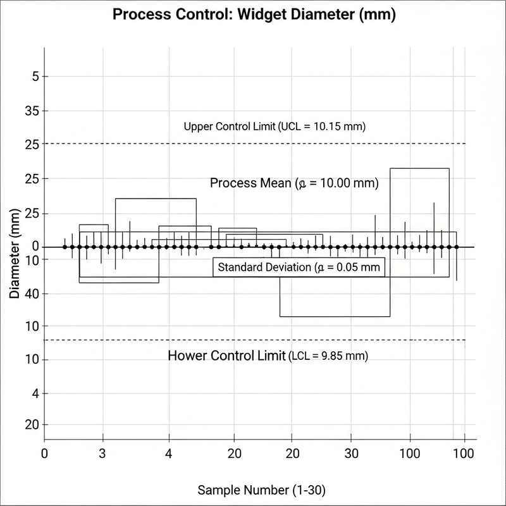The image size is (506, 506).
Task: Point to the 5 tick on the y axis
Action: [35, 77]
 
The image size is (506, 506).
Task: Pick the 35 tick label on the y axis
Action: [31, 111]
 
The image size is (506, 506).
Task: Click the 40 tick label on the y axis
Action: [31, 293]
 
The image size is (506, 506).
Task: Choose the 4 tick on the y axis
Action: [35, 393]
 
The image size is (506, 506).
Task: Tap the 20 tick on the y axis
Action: [31, 424]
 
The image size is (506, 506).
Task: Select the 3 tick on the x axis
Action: [102, 454]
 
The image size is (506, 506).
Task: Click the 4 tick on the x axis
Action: [168, 454]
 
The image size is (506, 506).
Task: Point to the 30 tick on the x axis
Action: [352, 454]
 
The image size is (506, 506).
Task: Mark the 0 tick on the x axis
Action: [44, 454]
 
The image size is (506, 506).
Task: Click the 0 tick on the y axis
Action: [35, 247]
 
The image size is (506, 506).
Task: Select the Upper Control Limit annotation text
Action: [275, 126]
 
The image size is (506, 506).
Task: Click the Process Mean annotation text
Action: [294, 183]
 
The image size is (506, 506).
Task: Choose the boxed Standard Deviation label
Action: [299, 268]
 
